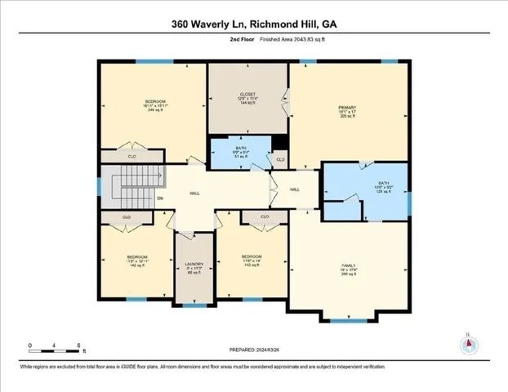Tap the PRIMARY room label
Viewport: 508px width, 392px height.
click(x=349, y=107)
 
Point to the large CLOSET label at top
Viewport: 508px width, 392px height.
click(x=247, y=95)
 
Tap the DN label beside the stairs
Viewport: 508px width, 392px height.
click(x=160, y=198)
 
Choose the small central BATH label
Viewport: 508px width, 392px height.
click(x=239, y=150)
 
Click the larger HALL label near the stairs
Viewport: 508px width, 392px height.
click(x=194, y=194)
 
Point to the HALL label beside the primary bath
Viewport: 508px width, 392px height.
click(x=295, y=189)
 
